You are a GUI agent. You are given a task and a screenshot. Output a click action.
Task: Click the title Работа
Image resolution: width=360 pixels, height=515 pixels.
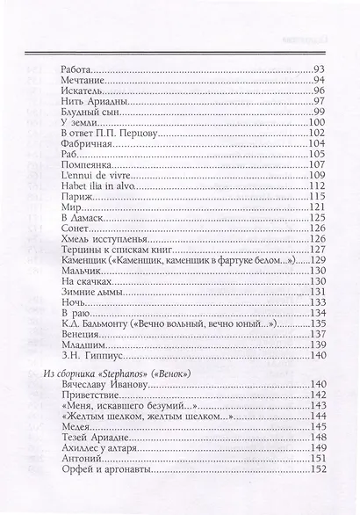pyautogui.click(x=77, y=69)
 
